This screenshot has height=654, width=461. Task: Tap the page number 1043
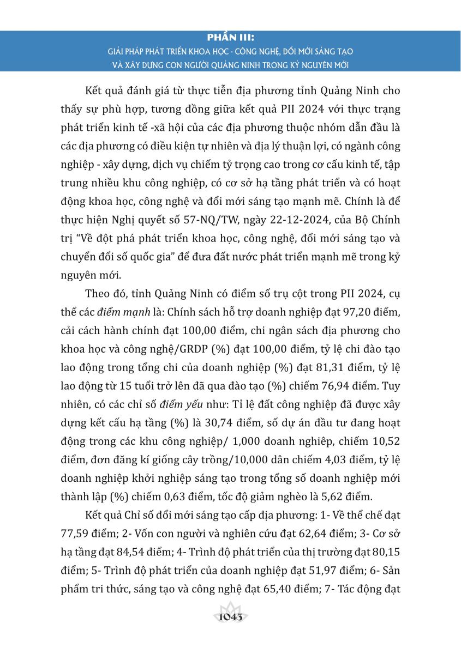(x=231, y=617)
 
